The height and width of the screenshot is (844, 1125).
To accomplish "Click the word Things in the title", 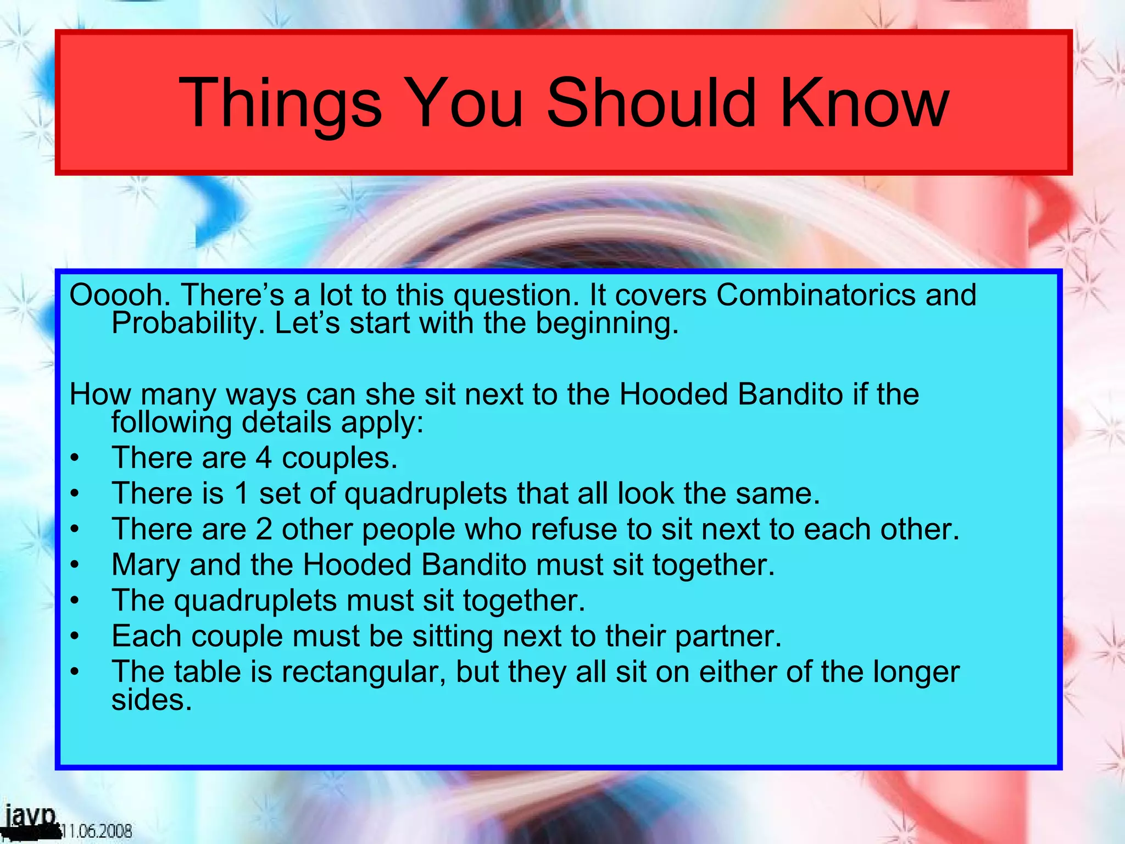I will coord(280,103).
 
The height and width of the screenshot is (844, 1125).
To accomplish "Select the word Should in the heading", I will coord(651,103).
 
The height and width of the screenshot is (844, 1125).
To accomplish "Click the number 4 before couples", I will coord(264,458).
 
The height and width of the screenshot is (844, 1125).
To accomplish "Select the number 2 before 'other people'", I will coord(264,529).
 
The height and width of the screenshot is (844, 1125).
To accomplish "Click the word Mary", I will coord(145,565).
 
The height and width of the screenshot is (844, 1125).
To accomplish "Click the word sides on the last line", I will coord(152,700).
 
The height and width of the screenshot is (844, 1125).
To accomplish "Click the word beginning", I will coord(607,323).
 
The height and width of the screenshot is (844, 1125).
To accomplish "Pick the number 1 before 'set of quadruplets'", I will coord(241,493).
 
